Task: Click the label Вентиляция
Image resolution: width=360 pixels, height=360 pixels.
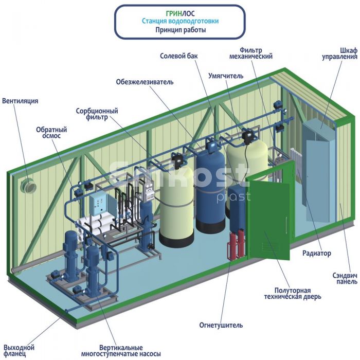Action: coord(20,101)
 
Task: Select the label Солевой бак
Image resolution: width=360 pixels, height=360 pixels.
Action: coord(178,56)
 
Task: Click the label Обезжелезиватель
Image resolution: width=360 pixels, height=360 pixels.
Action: coord(145,82)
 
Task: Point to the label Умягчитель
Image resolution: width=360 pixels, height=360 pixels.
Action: coord(226,76)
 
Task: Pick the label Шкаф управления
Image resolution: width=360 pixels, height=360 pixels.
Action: coord(340,53)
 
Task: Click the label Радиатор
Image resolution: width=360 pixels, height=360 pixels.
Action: coord(317,253)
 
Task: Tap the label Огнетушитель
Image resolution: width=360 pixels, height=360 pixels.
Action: coord(221,325)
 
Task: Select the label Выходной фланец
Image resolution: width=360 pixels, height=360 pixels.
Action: coord(19,350)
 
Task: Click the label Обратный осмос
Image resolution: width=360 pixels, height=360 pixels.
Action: coord(51,133)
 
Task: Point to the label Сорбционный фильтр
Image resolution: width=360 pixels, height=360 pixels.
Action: coord(97,114)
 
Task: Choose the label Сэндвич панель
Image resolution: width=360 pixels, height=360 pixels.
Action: coord(345,278)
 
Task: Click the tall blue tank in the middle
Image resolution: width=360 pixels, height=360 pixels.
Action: coord(210,191)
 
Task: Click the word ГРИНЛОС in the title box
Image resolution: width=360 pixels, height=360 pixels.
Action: coord(180,13)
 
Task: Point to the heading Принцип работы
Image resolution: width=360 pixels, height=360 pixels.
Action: coord(181,30)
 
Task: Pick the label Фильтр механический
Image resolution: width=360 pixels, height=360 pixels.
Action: coord(251,53)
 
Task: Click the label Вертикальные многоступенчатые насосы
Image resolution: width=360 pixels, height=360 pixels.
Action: coord(121,350)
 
